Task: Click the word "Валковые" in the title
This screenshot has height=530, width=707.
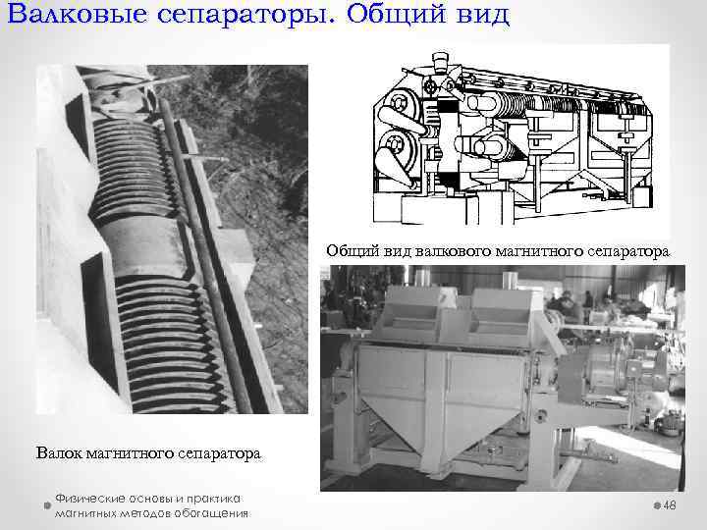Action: pyautogui.click(x=78, y=14)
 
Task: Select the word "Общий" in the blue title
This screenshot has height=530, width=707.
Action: pyautogui.click(x=396, y=15)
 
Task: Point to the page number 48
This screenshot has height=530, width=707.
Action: pyautogui.click(x=670, y=505)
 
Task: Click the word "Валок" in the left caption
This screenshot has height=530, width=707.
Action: pyautogui.click(x=59, y=452)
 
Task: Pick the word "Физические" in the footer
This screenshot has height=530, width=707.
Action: pyautogui.click(x=89, y=499)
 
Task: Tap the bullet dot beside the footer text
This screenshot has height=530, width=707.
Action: pyautogui.click(x=47, y=505)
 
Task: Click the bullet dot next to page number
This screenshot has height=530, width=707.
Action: pyautogui.click(x=657, y=505)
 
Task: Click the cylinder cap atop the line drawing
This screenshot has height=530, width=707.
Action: pyautogui.click(x=440, y=61)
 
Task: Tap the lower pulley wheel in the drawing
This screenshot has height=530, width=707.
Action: pyautogui.click(x=396, y=145)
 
